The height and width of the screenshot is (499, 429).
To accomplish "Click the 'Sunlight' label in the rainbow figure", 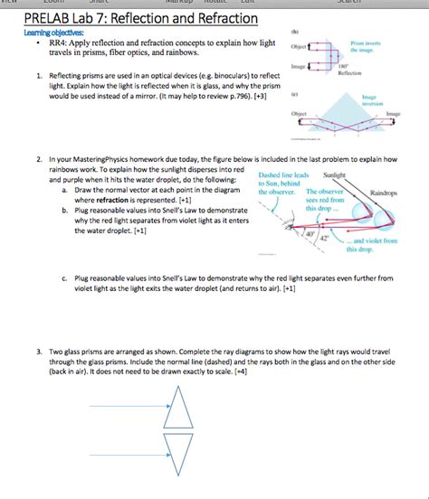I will (x=335, y=174).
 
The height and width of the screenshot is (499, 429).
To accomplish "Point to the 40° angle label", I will (x=310, y=235).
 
